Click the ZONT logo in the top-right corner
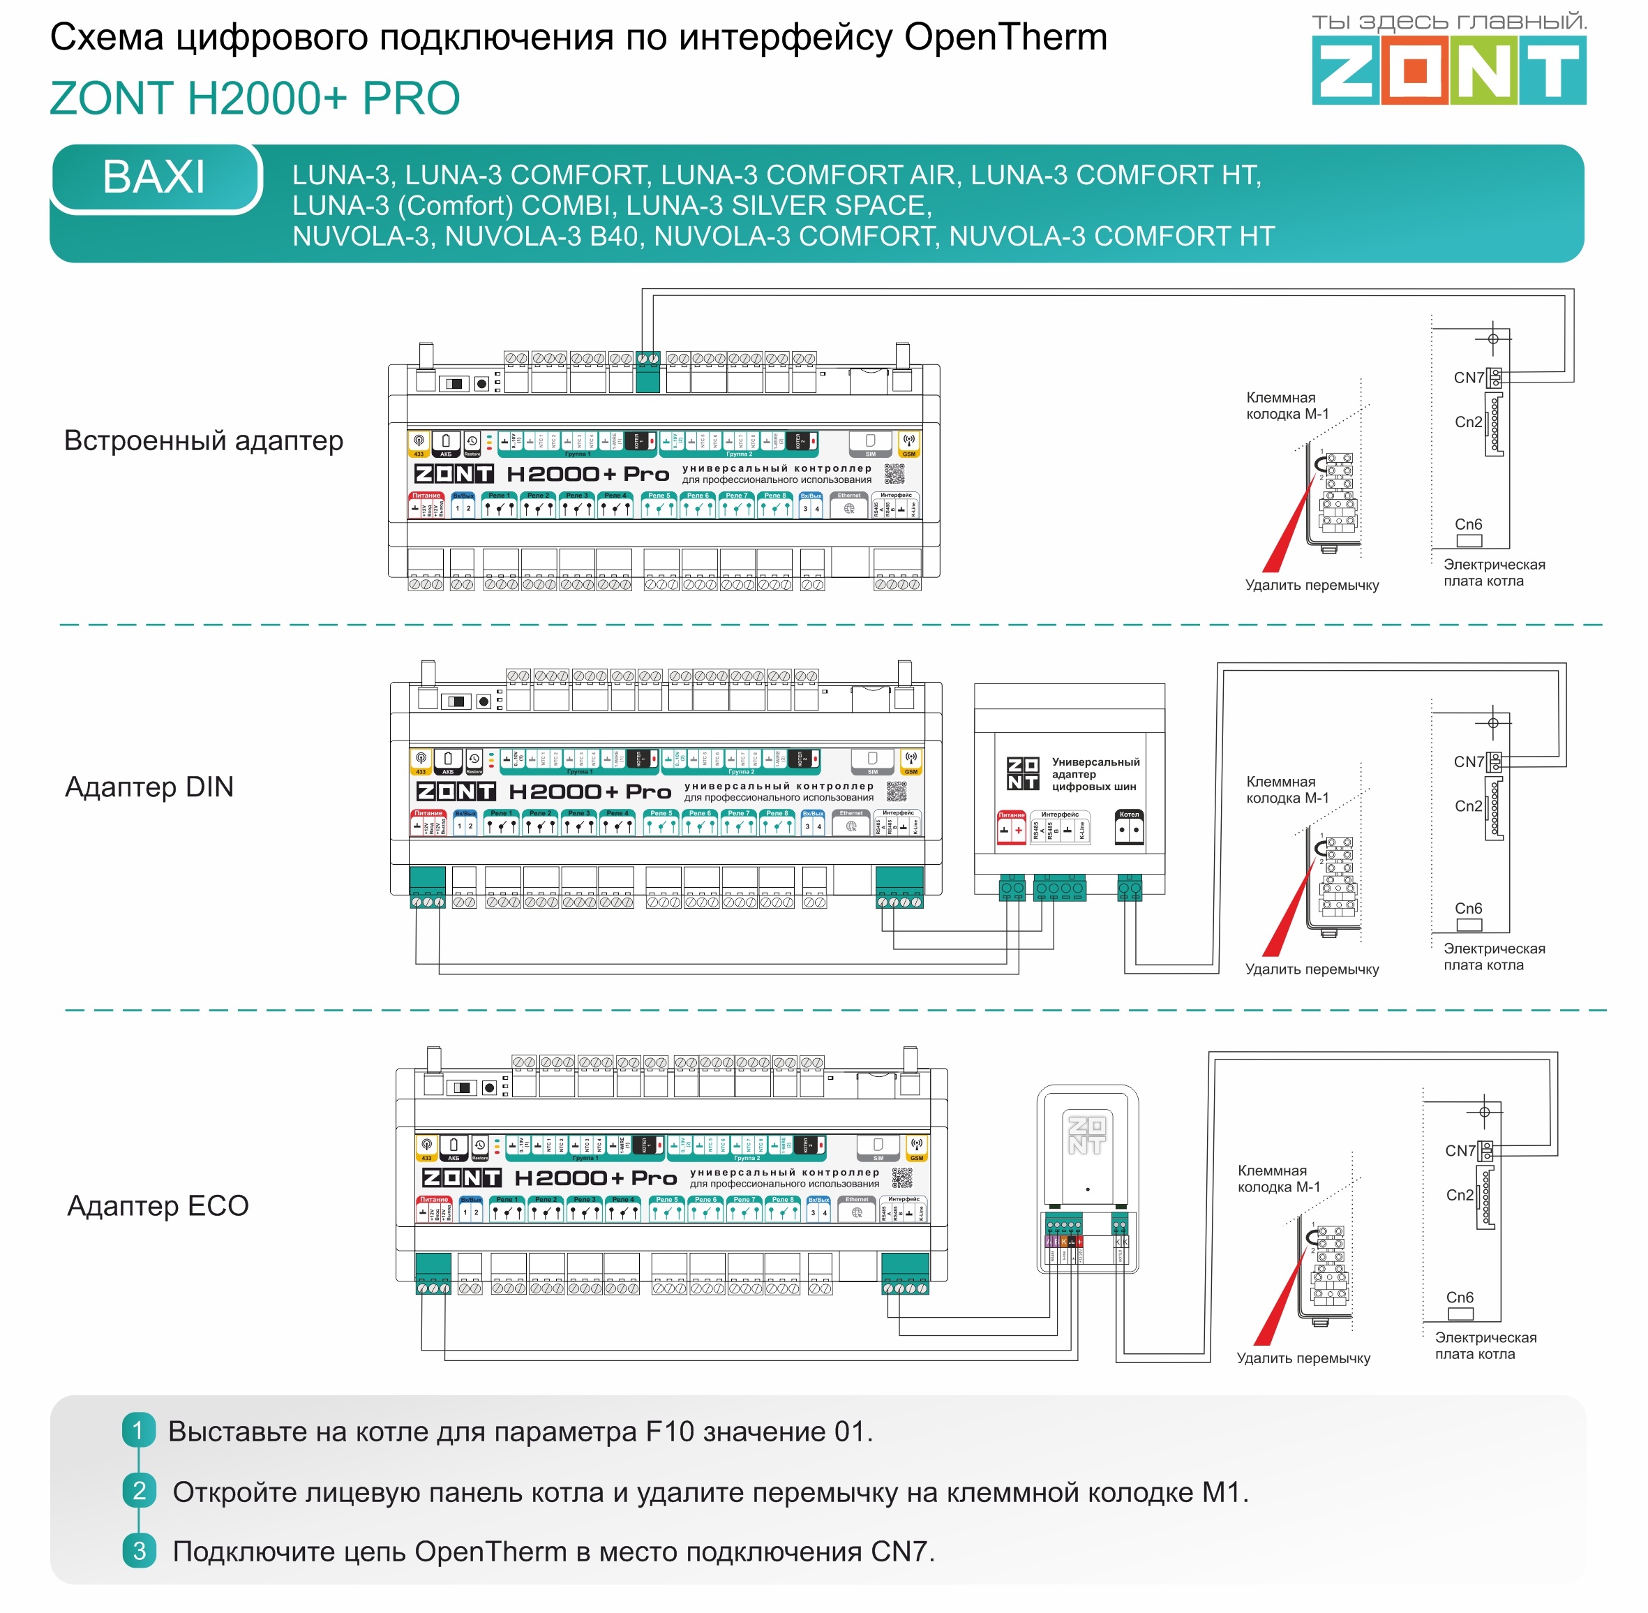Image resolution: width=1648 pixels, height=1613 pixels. point(1448,71)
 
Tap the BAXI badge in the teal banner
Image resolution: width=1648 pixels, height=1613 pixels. point(154,177)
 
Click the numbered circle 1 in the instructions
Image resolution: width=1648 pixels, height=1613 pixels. point(138,1431)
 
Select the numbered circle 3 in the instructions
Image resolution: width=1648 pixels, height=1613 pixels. point(139,1551)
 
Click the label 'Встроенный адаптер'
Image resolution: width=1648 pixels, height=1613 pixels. point(203,440)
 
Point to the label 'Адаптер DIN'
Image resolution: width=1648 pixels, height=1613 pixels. point(149,787)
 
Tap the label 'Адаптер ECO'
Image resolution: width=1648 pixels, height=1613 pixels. point(158,1205)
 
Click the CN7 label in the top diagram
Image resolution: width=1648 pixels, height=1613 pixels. point(1469,378)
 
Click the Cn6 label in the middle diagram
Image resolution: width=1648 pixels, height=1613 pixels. point(1469,908)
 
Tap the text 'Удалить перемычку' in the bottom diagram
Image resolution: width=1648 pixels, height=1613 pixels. point(1303,1358)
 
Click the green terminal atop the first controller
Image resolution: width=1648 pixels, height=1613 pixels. point(648,372)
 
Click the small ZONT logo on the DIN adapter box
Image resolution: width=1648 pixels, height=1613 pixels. point(1022,774)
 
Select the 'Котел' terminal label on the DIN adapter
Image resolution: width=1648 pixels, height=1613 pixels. point(1129,814)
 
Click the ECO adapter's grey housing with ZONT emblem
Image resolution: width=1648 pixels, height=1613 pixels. point(1087,1144)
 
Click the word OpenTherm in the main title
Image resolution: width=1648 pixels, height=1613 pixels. point(1005,37)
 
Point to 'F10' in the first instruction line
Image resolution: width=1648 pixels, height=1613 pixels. point(671,1431)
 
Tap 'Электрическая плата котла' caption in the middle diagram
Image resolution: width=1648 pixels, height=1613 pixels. point(1494,956)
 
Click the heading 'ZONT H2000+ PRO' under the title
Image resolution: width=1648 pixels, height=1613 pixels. point(255,98)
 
